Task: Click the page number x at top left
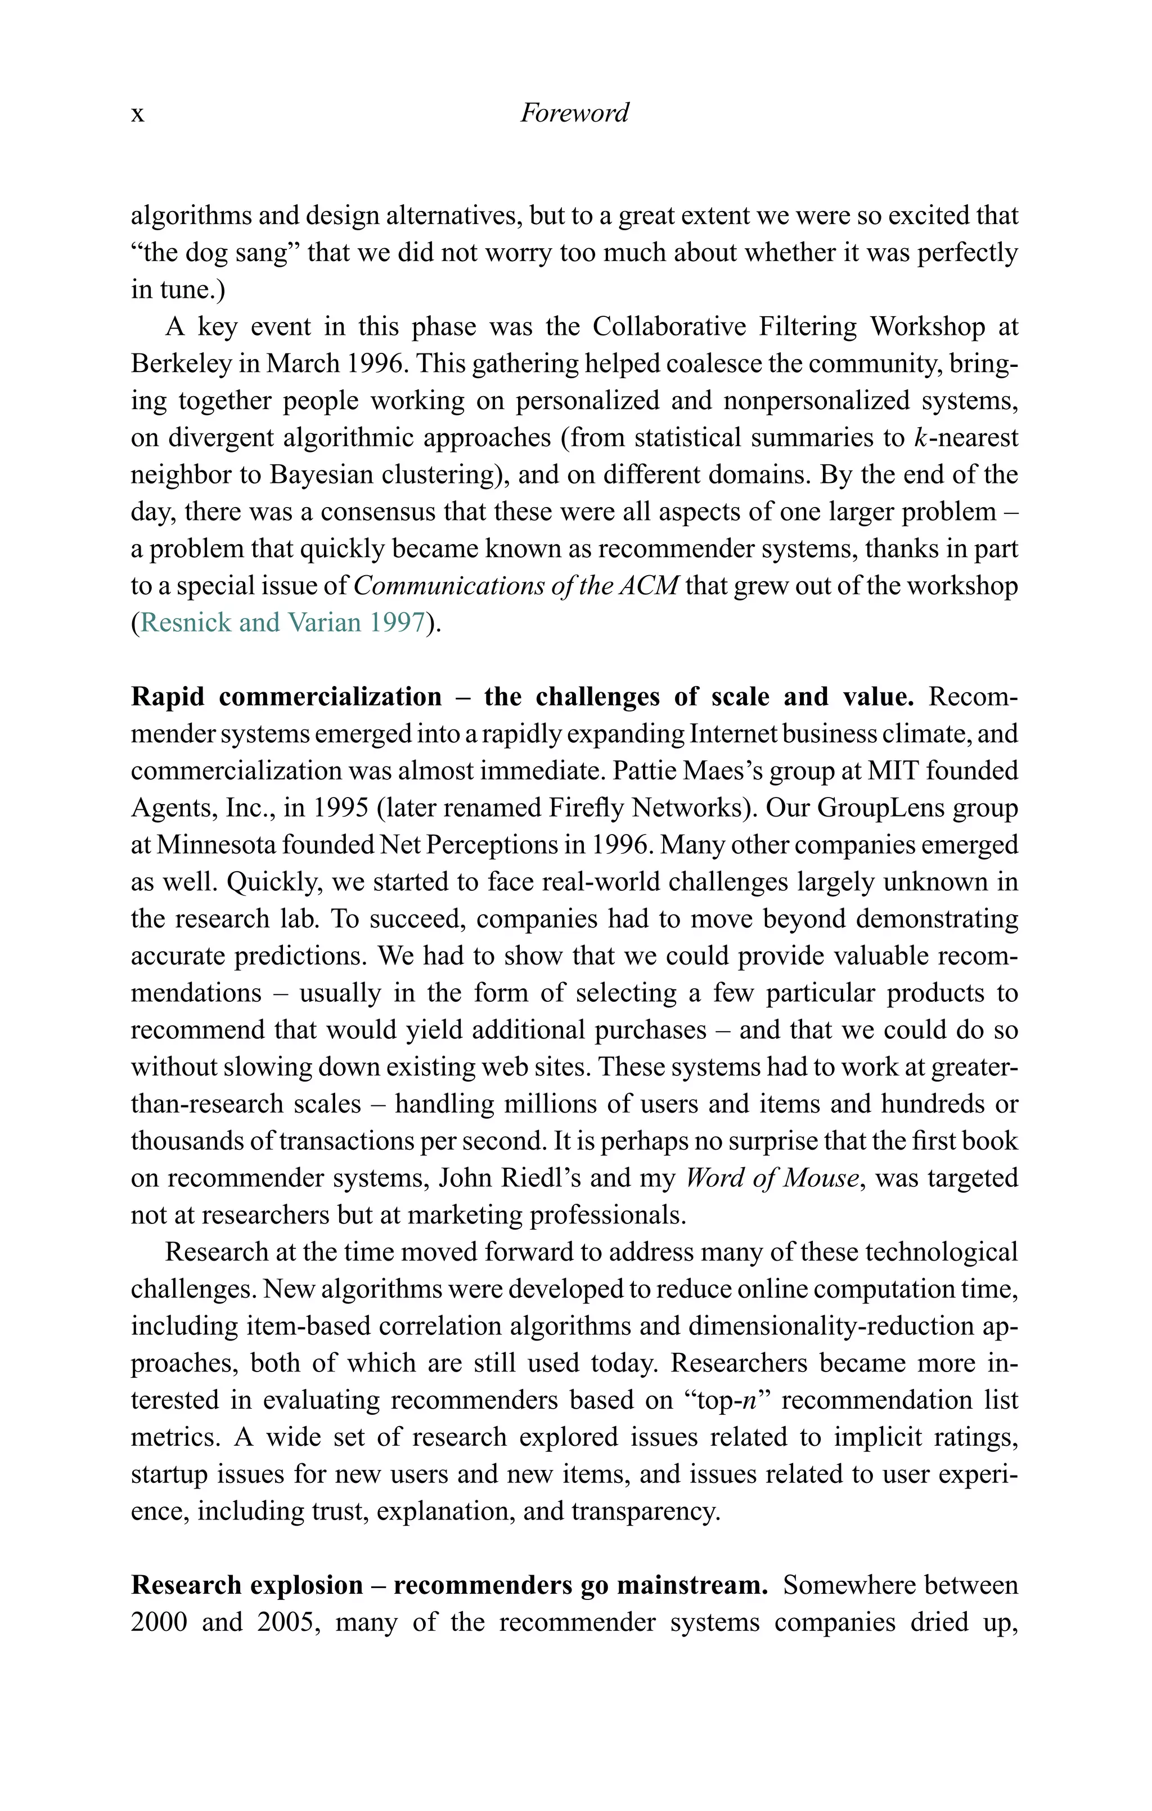pos(138,114)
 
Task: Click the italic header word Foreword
pos(574,113)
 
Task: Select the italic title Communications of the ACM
pos(516,586)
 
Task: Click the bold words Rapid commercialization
pos(286,696)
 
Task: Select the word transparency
pos(645,1512)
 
